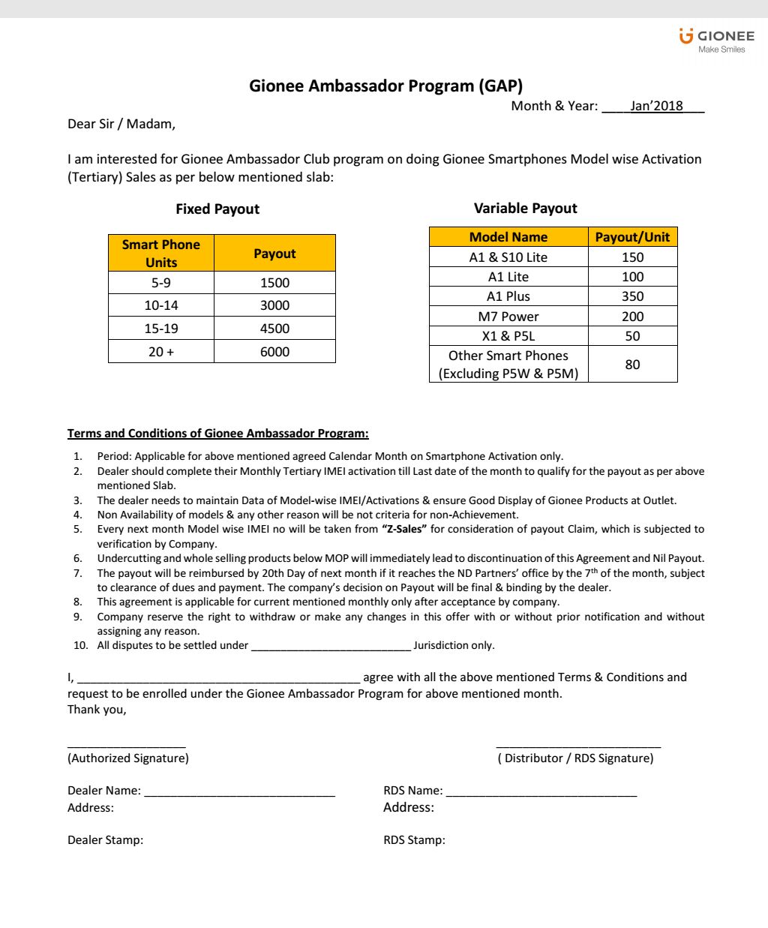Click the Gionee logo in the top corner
(716, 40)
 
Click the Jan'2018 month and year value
(656, 106)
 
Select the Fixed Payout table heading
(217, 209)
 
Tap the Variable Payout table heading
(526, 209)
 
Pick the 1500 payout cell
(274, 283)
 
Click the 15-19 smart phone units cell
(161, 329)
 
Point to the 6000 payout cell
(274, 352)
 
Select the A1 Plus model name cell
(508, 296)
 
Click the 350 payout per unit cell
(632, 296)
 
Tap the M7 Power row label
(508, 317)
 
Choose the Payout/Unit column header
(632, 237)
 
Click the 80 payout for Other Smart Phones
(632, 365)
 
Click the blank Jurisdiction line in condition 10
(331, 646)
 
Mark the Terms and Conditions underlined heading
(217, 434)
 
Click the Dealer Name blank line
(239, 791)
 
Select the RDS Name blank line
(541, 791)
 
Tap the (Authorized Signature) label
(128, 758)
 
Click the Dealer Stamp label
(105, 840)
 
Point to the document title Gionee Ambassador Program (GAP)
(385, 86)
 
